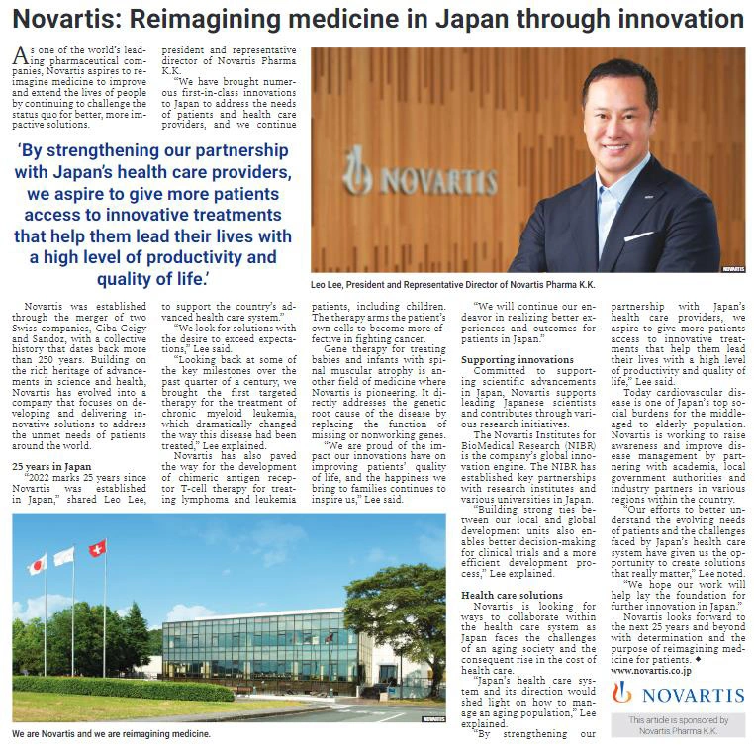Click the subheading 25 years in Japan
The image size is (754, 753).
pos(50,464)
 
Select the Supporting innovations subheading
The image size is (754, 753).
pos(518,359)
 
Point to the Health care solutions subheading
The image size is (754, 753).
pos(513,595)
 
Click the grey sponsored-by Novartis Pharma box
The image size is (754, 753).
pos(678,725)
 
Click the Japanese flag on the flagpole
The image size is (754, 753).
pos(37,565)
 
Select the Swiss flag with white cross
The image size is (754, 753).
pos(97,548)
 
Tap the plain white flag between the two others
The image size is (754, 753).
pos(64,556)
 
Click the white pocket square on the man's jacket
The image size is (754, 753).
pos(638,235)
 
